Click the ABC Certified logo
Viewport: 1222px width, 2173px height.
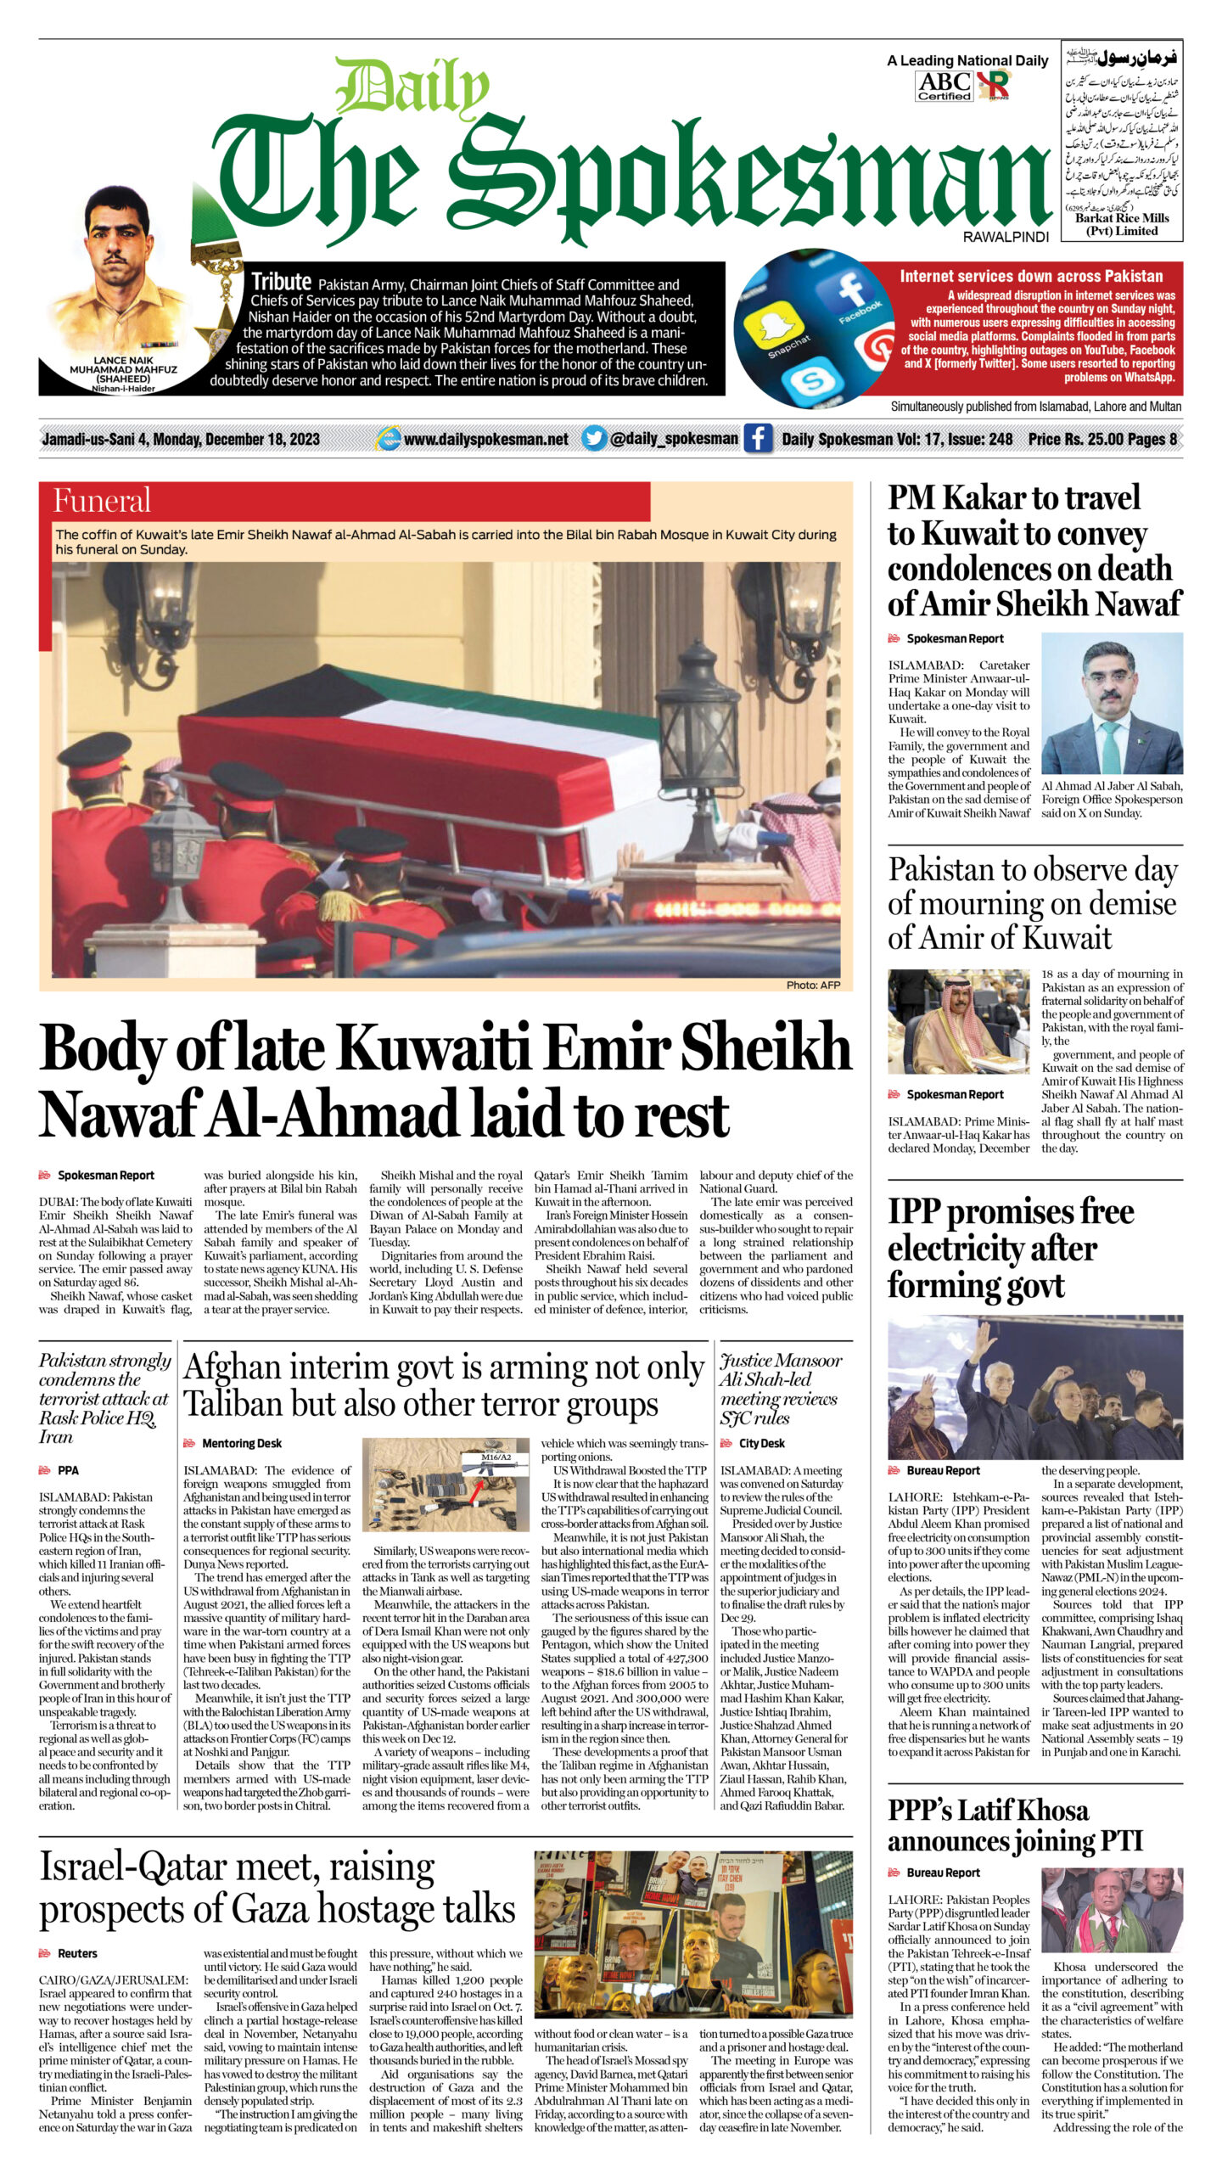point(945,86)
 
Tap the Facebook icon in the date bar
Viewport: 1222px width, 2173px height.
point(758,438)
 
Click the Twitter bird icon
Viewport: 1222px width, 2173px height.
point(595,438)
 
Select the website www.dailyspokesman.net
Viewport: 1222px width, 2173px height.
point(485,439)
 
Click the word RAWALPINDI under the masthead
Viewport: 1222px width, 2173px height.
point(1006,237)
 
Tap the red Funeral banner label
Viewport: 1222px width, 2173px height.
point(102,500)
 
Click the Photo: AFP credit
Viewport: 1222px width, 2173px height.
point(812,985)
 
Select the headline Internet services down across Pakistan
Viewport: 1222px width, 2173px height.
point(1031,276)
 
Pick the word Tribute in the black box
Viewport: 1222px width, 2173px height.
point(281,282)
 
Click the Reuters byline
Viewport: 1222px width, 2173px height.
point(77,1953)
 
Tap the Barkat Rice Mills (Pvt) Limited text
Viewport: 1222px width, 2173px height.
point(1122,224)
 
